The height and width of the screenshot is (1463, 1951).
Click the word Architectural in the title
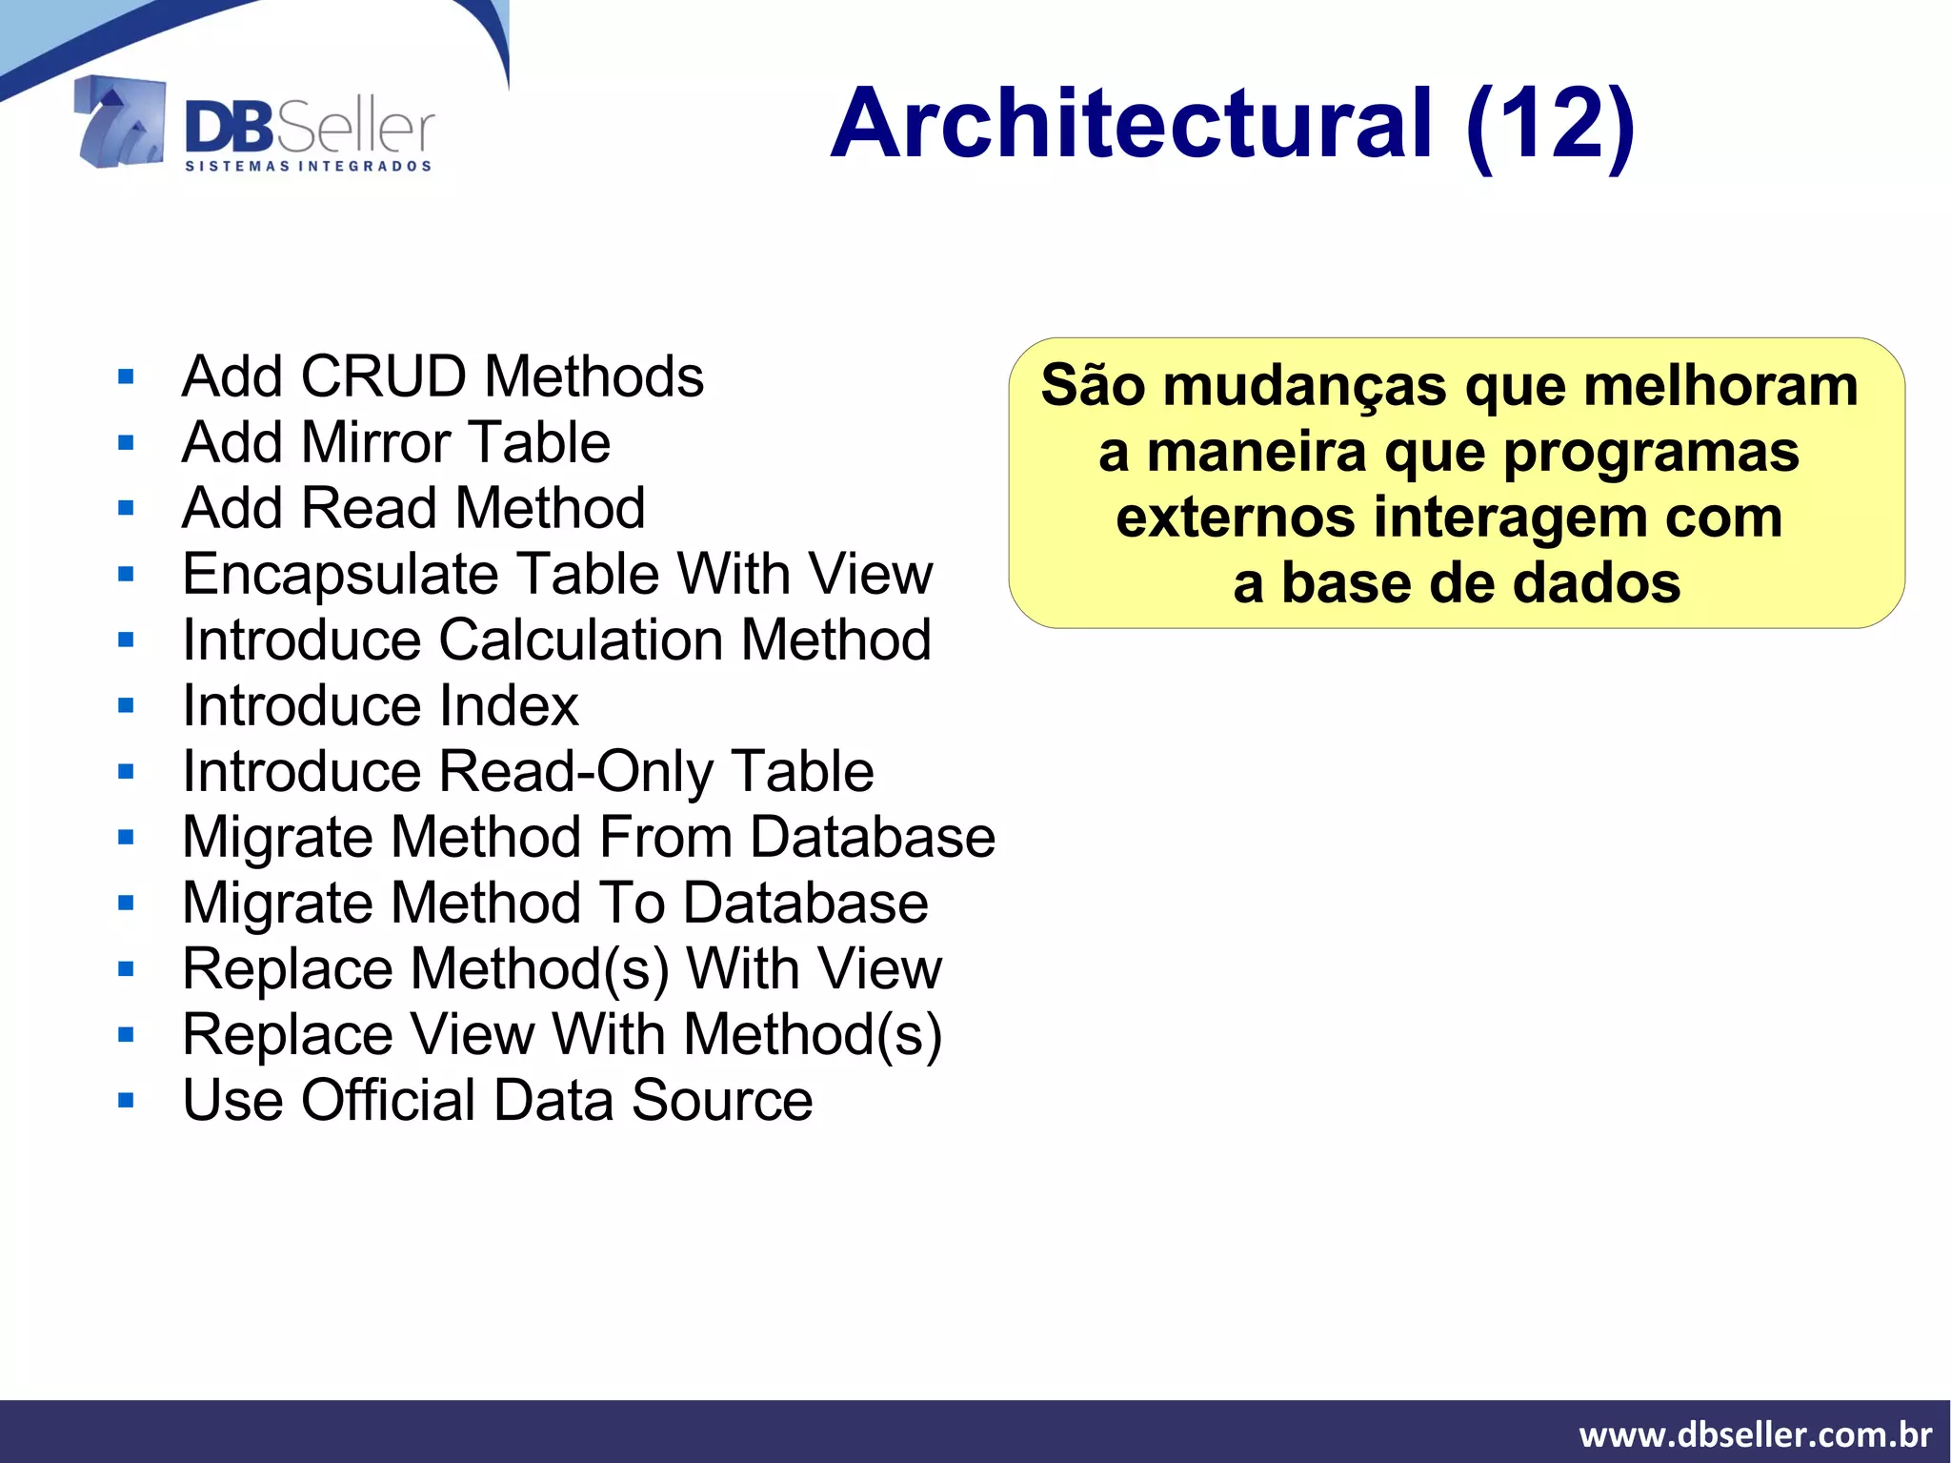point(1132,124)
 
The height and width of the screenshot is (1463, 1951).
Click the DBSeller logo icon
point(120,122)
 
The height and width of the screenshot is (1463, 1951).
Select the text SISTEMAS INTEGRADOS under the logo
point(308,167)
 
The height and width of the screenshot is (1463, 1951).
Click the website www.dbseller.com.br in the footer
point(1755,1434)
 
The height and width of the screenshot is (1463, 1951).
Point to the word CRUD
point(384,376)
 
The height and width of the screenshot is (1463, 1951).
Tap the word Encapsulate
point(340,575)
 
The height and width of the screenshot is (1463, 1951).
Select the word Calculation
point(580,640)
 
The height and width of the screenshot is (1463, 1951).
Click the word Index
point(509,706)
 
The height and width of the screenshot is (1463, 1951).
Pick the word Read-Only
point(574,771)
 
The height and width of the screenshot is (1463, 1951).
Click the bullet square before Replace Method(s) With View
point(127,969)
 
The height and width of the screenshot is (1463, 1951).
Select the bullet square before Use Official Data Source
point(127,1101)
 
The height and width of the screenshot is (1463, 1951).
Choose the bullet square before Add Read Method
point(127,508)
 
